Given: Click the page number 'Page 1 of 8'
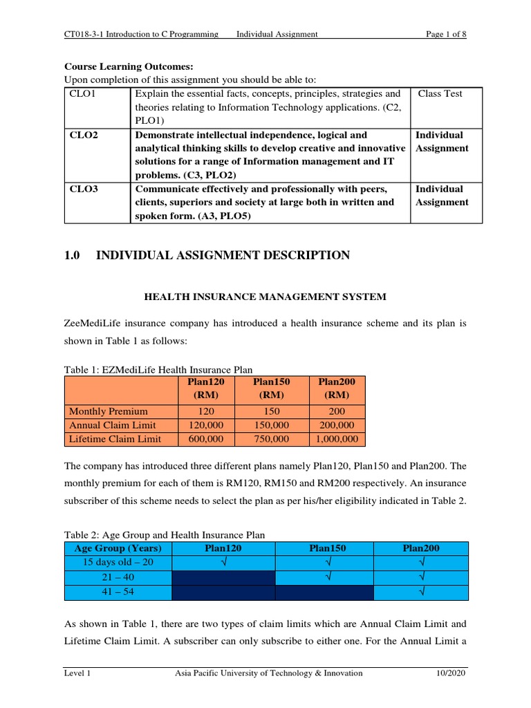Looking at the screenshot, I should coord(446,35).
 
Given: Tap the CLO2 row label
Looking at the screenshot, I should coord(84,136).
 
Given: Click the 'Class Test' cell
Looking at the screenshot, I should coord(440,94).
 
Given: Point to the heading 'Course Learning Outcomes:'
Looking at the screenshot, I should coord(129,67).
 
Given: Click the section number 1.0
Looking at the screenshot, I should coord(73,256).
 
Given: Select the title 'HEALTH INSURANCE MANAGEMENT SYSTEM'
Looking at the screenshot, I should coord(265,297).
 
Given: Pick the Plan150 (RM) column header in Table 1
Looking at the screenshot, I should coord(272,389).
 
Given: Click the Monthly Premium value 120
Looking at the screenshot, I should coord(207,411).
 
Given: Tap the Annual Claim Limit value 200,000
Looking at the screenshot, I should coord(336,425).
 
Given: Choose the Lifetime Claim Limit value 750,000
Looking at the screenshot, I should coord(272,439).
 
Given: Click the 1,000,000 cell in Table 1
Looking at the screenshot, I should coord(336,439).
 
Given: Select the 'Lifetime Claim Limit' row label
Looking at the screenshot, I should coord(115,439).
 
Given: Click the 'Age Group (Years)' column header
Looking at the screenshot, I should coord(118,548).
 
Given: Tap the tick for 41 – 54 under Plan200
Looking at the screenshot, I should coord(421,592).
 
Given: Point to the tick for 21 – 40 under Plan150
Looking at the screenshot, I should coord(324,577).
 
